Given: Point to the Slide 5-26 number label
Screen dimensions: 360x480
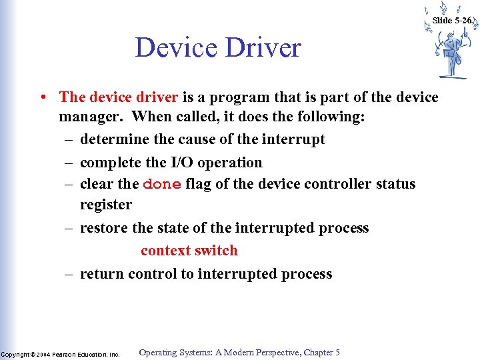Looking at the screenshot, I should [x=452, y=21].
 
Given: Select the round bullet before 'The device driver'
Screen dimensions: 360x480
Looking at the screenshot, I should [x=42, y=97].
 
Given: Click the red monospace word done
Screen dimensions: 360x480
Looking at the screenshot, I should [x=162, y=184].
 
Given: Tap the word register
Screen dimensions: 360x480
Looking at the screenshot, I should [x=106, y=205].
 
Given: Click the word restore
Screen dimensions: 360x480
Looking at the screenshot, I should [x=104, y=228].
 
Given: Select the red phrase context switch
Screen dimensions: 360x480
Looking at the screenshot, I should [x=189, y=251].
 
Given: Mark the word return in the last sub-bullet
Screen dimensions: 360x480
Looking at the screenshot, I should [x=102, y=274].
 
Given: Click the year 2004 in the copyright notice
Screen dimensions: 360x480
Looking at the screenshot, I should [x=43, y=355].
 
